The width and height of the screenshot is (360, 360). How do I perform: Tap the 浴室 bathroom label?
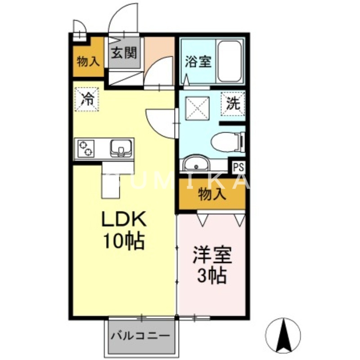tap(198, 61)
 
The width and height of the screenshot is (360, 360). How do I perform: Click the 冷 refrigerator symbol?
tap(85, 99)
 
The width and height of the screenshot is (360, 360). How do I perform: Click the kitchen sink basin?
tap(121, 148)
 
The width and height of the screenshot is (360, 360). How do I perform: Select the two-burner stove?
tap(86, 148)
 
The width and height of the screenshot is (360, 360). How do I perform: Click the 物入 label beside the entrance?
tap(88, 62)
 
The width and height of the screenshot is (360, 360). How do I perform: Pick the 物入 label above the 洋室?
tap(212, 194)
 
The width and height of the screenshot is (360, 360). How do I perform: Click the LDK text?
tap(123, 220)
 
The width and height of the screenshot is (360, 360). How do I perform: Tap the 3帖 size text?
tap(212, 275)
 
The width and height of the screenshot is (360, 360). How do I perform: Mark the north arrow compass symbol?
tap(283, 335)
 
